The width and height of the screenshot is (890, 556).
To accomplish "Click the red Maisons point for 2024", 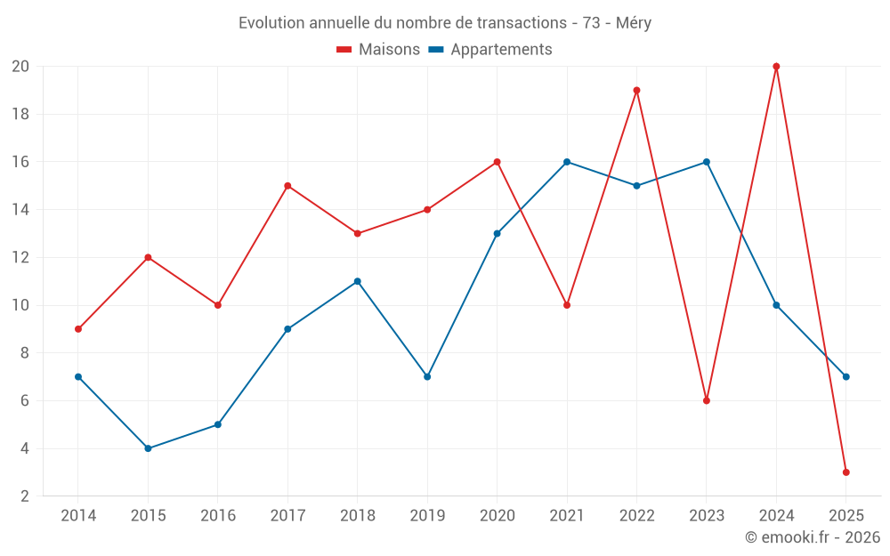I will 776,67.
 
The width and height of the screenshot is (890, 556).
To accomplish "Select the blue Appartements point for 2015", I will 148,448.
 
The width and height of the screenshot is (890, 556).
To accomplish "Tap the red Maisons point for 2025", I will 845,472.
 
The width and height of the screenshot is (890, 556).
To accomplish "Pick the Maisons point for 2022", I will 636,90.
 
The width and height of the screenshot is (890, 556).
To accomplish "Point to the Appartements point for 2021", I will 567,162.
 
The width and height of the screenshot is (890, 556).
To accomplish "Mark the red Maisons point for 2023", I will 706,400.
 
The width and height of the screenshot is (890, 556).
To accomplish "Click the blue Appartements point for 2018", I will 357,281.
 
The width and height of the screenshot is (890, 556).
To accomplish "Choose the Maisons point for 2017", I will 287,186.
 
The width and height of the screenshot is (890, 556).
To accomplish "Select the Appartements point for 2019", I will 427,376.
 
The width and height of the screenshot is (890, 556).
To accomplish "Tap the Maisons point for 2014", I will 78,329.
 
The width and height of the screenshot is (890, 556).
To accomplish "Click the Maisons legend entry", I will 378,50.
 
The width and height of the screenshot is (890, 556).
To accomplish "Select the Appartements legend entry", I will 490,50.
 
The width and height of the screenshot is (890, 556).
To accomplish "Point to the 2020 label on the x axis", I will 497,515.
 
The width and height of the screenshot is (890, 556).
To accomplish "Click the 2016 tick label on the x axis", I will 218,515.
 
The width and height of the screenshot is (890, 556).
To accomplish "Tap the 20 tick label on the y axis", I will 20,67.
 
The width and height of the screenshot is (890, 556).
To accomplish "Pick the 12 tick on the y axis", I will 20,257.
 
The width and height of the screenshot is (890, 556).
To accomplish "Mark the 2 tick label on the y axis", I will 25,496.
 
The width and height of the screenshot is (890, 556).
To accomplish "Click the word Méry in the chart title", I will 633,23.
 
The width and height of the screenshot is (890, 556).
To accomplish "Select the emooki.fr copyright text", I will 812,537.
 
